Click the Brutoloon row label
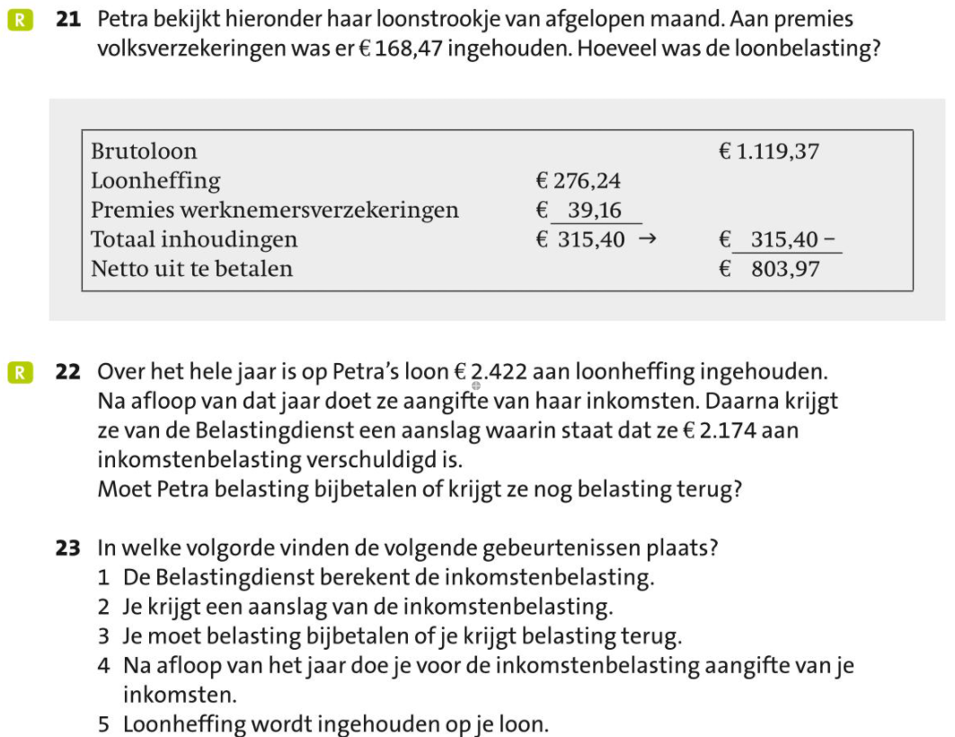[144, 152]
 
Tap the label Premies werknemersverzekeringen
[274, 211]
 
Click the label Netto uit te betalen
[192, 270]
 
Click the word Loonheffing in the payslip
[155, 182]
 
